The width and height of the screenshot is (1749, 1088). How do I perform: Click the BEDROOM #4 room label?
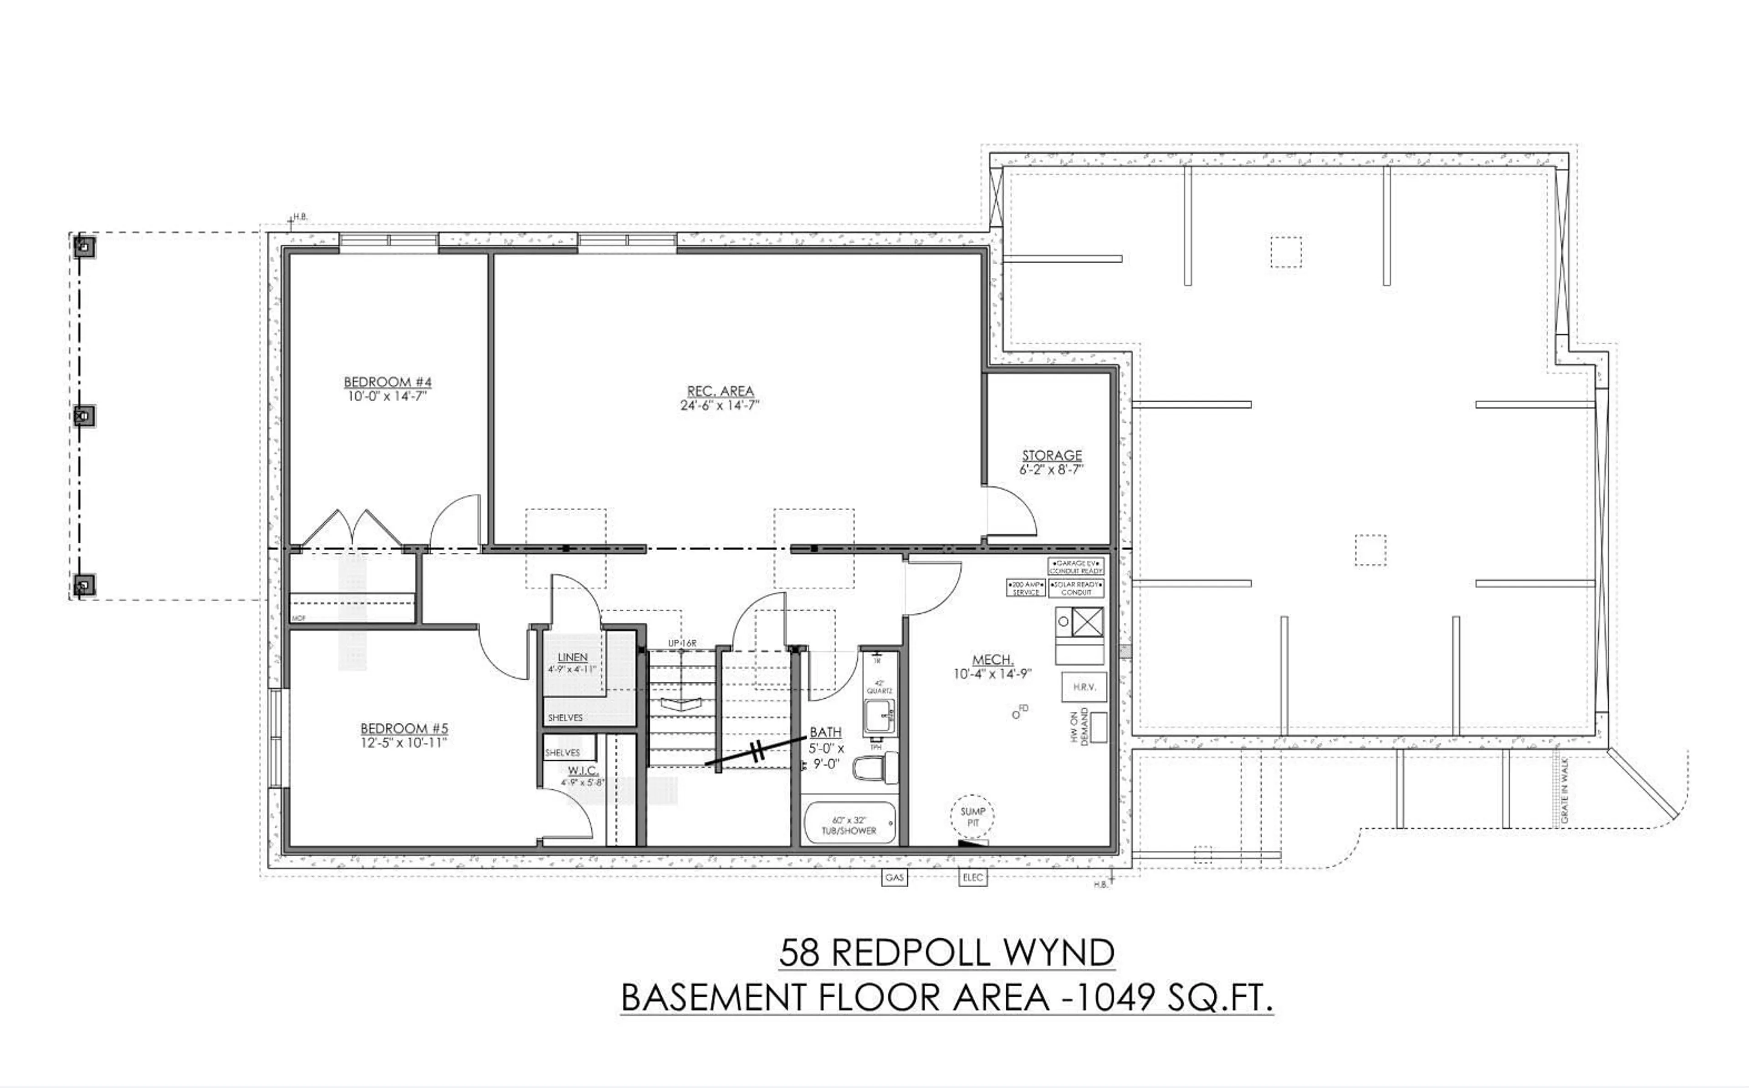(x=387, y=382)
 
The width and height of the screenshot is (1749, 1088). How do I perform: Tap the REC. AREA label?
(x=720, y=391)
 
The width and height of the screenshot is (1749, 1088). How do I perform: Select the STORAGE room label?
(x=1052, y=455)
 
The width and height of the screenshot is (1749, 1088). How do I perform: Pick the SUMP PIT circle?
(x=973, y=817)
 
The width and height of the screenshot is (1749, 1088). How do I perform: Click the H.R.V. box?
(x=1084, y=687)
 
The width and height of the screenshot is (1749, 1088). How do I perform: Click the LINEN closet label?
(x=573, y=657)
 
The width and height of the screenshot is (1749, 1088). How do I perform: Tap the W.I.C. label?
(x=583, y=771)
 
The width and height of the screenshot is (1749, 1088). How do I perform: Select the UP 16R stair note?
(x=682, y=643)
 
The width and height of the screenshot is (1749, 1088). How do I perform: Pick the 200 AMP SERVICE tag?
(x=1026, y=588)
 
